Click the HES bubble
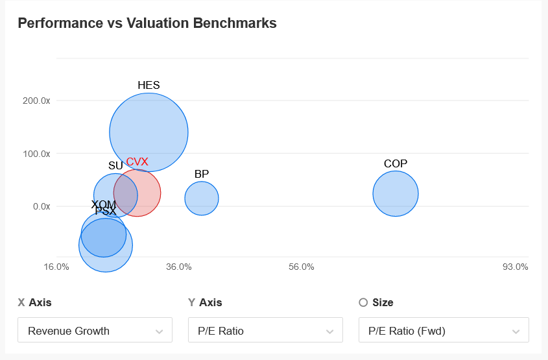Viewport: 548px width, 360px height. [x=149, y=132]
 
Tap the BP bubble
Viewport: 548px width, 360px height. [x=202, y=198]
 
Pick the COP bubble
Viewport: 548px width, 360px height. [x=396, y=194]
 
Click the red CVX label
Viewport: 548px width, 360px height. [x=137, y=162]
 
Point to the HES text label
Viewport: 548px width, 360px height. [x=149, y=85]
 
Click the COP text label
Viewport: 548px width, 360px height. [x=396, y=163]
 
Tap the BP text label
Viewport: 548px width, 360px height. [x=202, y=174]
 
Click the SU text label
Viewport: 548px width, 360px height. [x=115, y=165]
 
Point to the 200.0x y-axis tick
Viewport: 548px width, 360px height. [x=36, y=101]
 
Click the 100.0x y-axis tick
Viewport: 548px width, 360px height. [x=36, y=154]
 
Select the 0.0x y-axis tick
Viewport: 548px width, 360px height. [x=42, y=206]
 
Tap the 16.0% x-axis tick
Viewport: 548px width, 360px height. [x=56, y=267]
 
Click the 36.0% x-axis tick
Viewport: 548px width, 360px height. [x=179, y=267]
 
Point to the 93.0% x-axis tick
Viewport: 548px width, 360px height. [x=516, y=267]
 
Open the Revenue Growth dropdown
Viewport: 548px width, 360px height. [x=95, y=330]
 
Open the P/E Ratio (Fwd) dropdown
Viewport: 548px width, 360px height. [x=444, y=330]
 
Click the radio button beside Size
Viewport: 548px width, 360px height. [x=363, y=302]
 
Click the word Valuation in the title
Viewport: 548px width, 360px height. [x=158, y=23]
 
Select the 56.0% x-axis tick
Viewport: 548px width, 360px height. [x=302, y=267]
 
